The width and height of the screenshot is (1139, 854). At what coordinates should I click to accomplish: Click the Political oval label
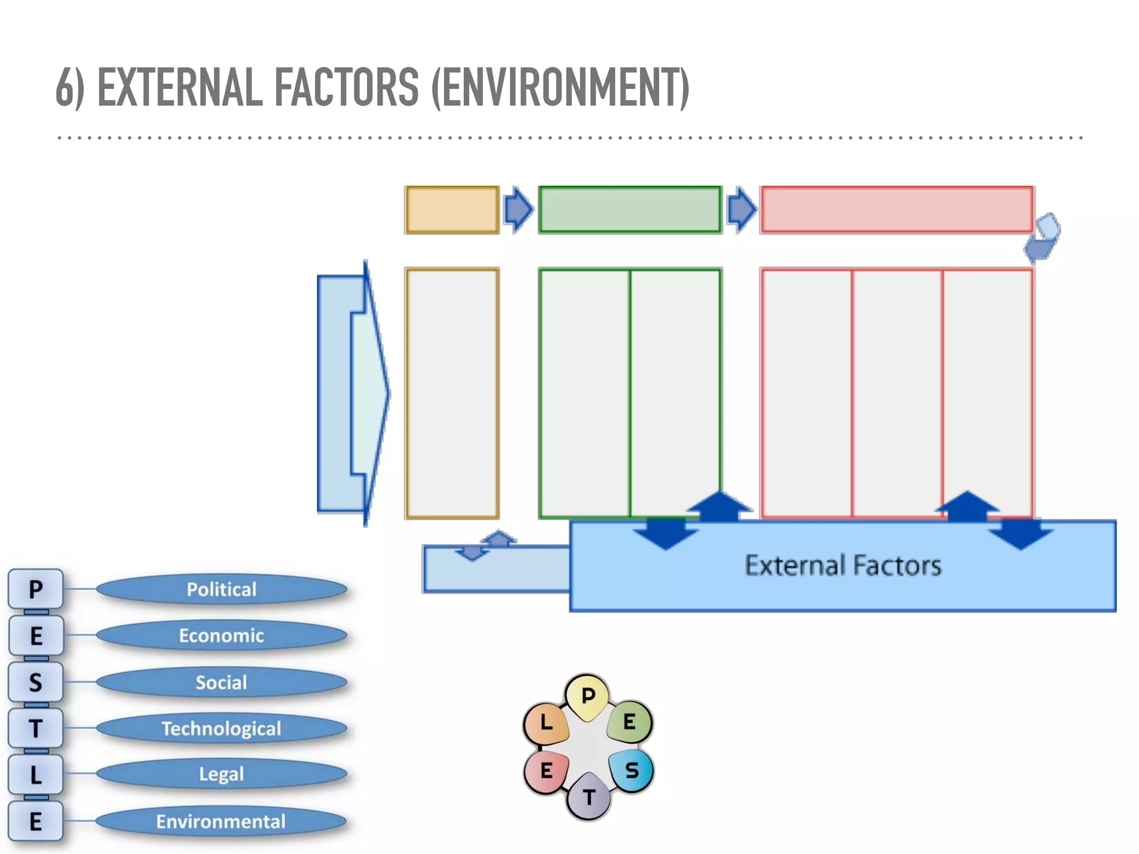221,589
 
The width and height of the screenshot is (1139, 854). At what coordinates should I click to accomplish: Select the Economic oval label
221,635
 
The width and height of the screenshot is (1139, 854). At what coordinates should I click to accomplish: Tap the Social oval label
221,682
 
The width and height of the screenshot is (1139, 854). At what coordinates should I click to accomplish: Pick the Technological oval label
221,728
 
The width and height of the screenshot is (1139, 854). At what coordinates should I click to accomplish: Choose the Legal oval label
221,774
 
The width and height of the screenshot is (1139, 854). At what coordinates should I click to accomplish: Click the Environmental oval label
221,821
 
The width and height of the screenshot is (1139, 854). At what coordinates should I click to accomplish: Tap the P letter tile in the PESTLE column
36,589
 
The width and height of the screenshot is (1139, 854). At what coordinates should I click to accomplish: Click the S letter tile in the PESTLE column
36,682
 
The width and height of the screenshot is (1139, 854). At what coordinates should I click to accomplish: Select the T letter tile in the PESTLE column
36,728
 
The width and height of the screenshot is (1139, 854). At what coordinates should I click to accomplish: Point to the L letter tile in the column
36,774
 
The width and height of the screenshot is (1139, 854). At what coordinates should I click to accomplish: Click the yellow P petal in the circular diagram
588,696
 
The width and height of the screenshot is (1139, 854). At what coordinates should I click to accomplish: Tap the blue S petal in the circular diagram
632,771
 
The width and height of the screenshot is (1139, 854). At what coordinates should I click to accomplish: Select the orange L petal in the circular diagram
546,723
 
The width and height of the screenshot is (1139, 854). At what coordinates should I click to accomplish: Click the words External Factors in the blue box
843,565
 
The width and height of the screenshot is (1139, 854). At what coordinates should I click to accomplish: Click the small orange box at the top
452,210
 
